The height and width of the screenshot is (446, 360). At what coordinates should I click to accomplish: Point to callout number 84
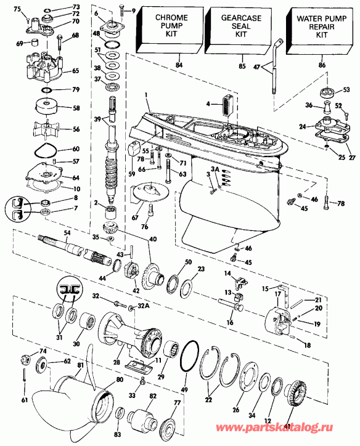coord(179,65)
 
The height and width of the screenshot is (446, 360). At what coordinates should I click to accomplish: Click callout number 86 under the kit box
coord(322,64)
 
